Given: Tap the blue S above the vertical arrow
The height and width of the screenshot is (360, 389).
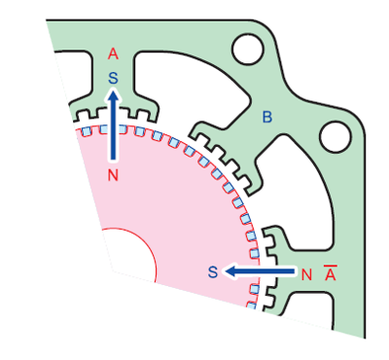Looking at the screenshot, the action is tap(114, 74).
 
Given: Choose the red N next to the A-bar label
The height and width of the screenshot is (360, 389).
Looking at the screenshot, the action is tap(307, 273).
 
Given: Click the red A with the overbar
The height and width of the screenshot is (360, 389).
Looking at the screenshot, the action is tap(331, 273).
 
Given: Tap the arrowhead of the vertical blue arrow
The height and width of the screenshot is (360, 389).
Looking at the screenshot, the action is tap(114, 95).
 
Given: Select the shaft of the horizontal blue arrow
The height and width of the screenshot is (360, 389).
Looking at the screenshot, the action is tap(267, 271).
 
